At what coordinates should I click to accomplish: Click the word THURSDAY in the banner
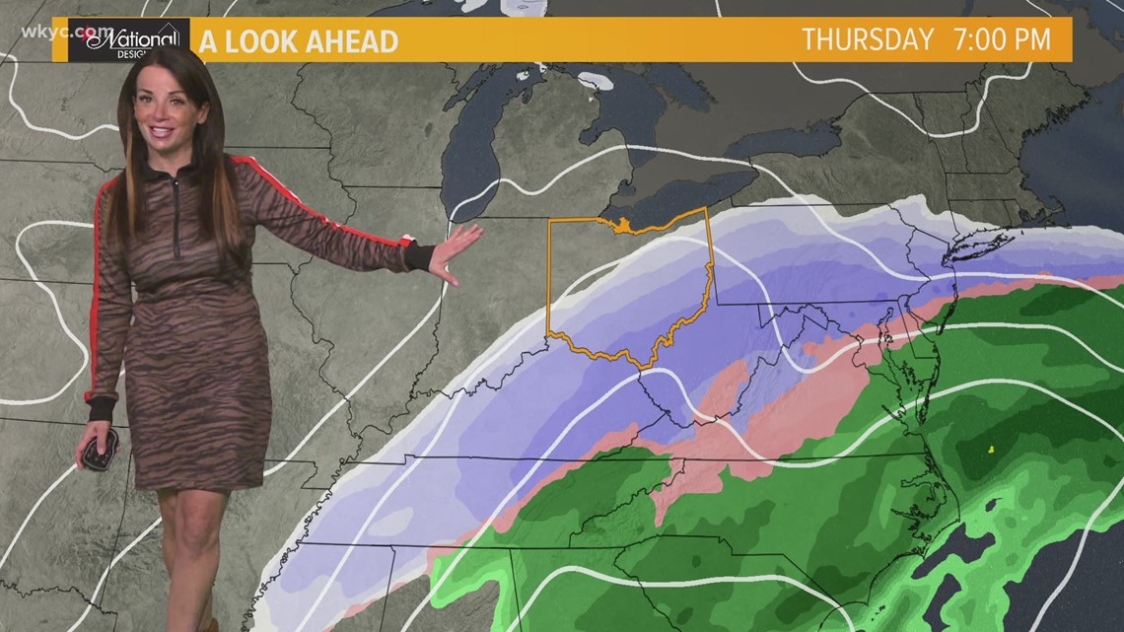point(868,39)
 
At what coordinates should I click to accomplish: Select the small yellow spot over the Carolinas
point(990,449)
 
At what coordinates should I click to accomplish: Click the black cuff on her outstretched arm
point(419,257)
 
